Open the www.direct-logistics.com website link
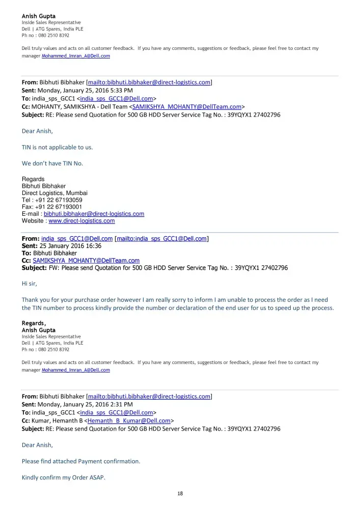(x=81, y=221)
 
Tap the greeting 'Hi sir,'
(x=30, y=284)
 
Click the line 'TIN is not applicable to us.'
(x=57, y=147)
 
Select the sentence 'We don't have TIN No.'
(x=52, y=163)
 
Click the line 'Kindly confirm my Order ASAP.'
(x=63, y=477)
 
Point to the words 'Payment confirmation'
(x=109, y=461)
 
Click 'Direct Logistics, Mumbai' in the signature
(x=54, y=193)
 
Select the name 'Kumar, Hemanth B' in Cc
(x=57, y=421)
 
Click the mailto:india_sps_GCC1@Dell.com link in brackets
(x=162, y=239)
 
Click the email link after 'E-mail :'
(x=94, y=214)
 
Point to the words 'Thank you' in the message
(x=35, y=300)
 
